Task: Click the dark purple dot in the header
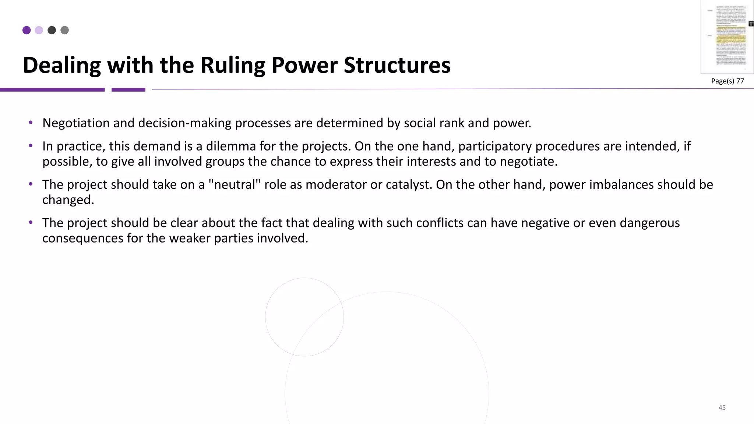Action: pos(27,30)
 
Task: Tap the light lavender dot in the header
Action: pos(39,30)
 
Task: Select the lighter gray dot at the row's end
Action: pos(64,30)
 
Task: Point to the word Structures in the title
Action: pos(397,65)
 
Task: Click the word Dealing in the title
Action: pos(61,65)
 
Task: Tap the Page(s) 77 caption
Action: pos(727,81)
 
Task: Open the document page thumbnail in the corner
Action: pos(727,37)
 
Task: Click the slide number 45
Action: pos(722,407)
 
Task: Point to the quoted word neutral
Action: pos(234,184)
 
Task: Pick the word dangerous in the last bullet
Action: pos(650,223)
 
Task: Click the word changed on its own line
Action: pos(68,200)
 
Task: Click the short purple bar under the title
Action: pos(128,90)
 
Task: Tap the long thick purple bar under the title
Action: pos(52,90)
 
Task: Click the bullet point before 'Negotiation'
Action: pos(31,123)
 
